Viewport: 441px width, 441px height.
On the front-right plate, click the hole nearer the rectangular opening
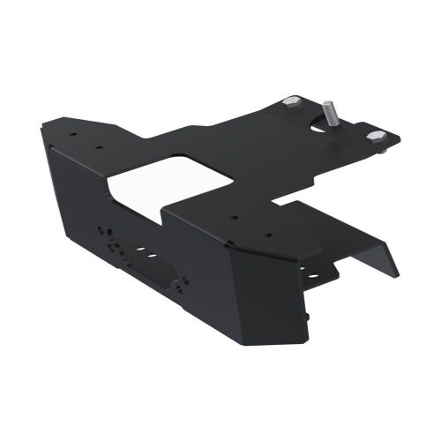[x=231, y=216]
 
